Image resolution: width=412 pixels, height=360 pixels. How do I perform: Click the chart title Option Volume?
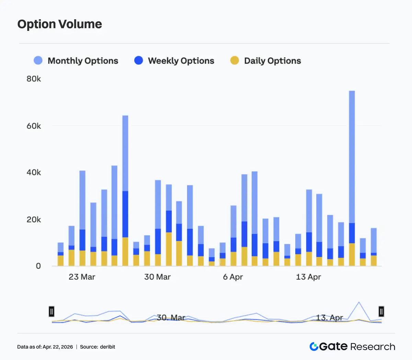click(x=60, y=24)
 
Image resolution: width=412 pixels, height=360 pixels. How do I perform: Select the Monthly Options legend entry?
click(x=76, y=61)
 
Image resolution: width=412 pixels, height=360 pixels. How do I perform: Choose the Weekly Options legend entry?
click(x=174, y=61)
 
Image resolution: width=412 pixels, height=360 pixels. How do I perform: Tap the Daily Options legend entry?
click(x=265, y=61)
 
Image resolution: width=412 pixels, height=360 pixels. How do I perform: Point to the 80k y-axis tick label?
click(x=34, y=79)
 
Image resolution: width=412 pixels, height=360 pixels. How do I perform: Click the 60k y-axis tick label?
click(x=34, y=126)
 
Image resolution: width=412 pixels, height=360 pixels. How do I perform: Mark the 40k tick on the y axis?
click(x=34, y=172)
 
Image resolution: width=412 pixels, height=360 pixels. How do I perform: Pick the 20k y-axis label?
click(x=34, y=220)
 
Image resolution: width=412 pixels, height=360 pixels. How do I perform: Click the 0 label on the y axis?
click(x=38, y=266)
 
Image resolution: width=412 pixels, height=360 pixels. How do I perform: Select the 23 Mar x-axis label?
click(x=82, y=277)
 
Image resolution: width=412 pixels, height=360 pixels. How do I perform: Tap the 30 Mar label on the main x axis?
click(x=157, y=277)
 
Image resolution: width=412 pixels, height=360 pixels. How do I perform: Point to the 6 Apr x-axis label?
click(x=233, y=277)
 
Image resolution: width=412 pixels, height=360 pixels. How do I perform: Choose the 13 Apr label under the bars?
click(x=308, y=277)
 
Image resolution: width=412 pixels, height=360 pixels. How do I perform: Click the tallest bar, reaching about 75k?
click(x=352, y=172)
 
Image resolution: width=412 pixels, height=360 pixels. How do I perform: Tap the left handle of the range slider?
click(x=51, y=312)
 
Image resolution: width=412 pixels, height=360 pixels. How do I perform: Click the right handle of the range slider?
click(x=381, y=312)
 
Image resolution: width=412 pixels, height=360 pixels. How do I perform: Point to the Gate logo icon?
click(x=314, y=347)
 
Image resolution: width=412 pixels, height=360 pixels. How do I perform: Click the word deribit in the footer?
click(x=107, y=347)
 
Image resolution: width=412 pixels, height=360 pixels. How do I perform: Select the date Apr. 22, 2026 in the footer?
click(x=58, y=347)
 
